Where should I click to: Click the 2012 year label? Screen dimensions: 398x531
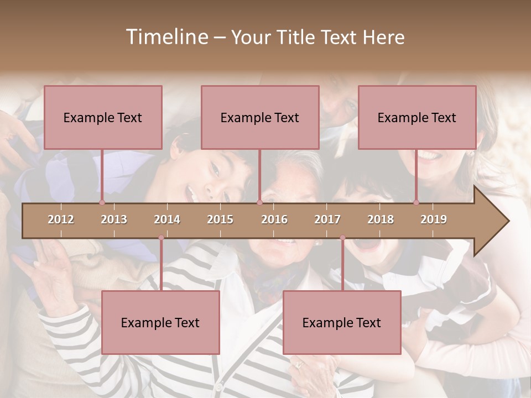(x=61, y=219)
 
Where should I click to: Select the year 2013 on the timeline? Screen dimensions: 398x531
(x=114, y=219)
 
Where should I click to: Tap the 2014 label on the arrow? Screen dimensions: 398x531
(x=167, y=219)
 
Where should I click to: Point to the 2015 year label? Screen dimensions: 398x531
(x=220, y=219)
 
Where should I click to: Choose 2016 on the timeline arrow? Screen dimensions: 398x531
(x=274, y=219)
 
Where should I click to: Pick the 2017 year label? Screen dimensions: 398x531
(x=327, y=219)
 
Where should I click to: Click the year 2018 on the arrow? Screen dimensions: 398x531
(x=381, y=219)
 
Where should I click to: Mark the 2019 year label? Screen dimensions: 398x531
(x=434, y=219)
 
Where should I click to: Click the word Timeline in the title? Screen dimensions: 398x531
(x=166, y=37)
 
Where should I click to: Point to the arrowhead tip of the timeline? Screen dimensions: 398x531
(x=508, y=221)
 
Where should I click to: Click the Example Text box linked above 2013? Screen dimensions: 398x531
(x=103, y=117)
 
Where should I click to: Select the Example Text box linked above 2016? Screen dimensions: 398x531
(x=260, y=117)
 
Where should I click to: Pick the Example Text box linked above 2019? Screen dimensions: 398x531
(x=417, y=117)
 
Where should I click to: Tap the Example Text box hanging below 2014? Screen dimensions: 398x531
(x=160, y=322)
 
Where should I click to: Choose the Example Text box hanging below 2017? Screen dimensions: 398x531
(x=342, y=322)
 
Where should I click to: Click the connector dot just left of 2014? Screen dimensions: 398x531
(x=161, y=238)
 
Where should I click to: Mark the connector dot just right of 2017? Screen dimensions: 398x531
(x=342, y=238)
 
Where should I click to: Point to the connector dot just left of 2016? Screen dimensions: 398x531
(x=259, y=203)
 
